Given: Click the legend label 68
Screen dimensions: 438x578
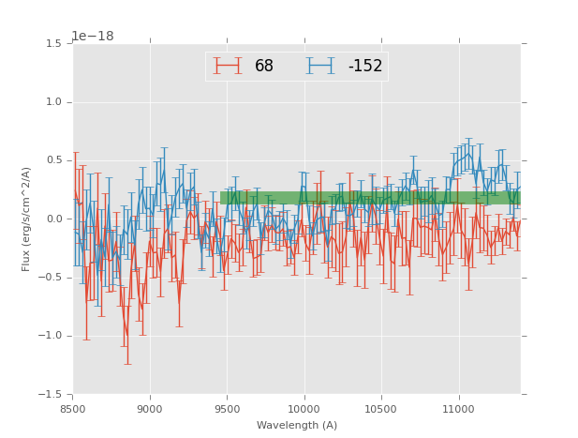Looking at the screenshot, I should point(264,66).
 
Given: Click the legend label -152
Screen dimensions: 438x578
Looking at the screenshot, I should point(365,66).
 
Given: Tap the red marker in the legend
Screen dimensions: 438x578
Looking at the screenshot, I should point(228,66).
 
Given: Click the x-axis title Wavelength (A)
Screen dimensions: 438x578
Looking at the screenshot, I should point(297,425).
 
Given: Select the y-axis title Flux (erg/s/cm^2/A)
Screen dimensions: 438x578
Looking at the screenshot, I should point(26,219).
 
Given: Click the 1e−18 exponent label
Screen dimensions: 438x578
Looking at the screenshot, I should point(93,36).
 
